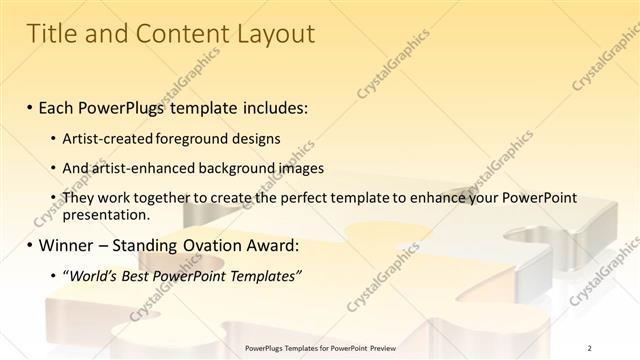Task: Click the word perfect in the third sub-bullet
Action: (319, 199)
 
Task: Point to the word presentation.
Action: (105, 214)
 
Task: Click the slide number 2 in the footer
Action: (590, 347)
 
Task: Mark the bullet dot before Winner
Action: (30, 245)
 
